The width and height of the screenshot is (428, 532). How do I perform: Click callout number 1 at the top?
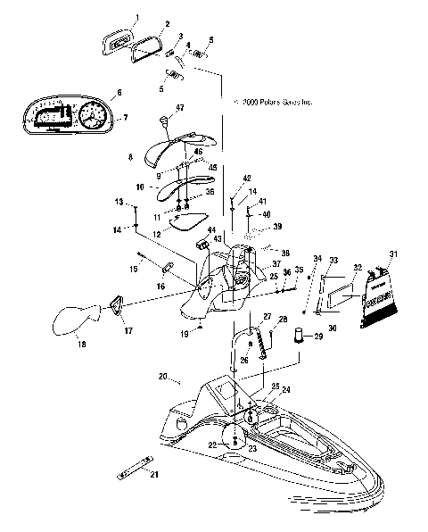click(137, 17)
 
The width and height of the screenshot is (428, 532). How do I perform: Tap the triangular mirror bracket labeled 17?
click(116, 305)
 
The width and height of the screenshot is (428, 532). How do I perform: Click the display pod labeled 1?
click(118, 39)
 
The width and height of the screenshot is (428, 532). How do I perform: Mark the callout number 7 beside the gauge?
click(126, 117)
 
